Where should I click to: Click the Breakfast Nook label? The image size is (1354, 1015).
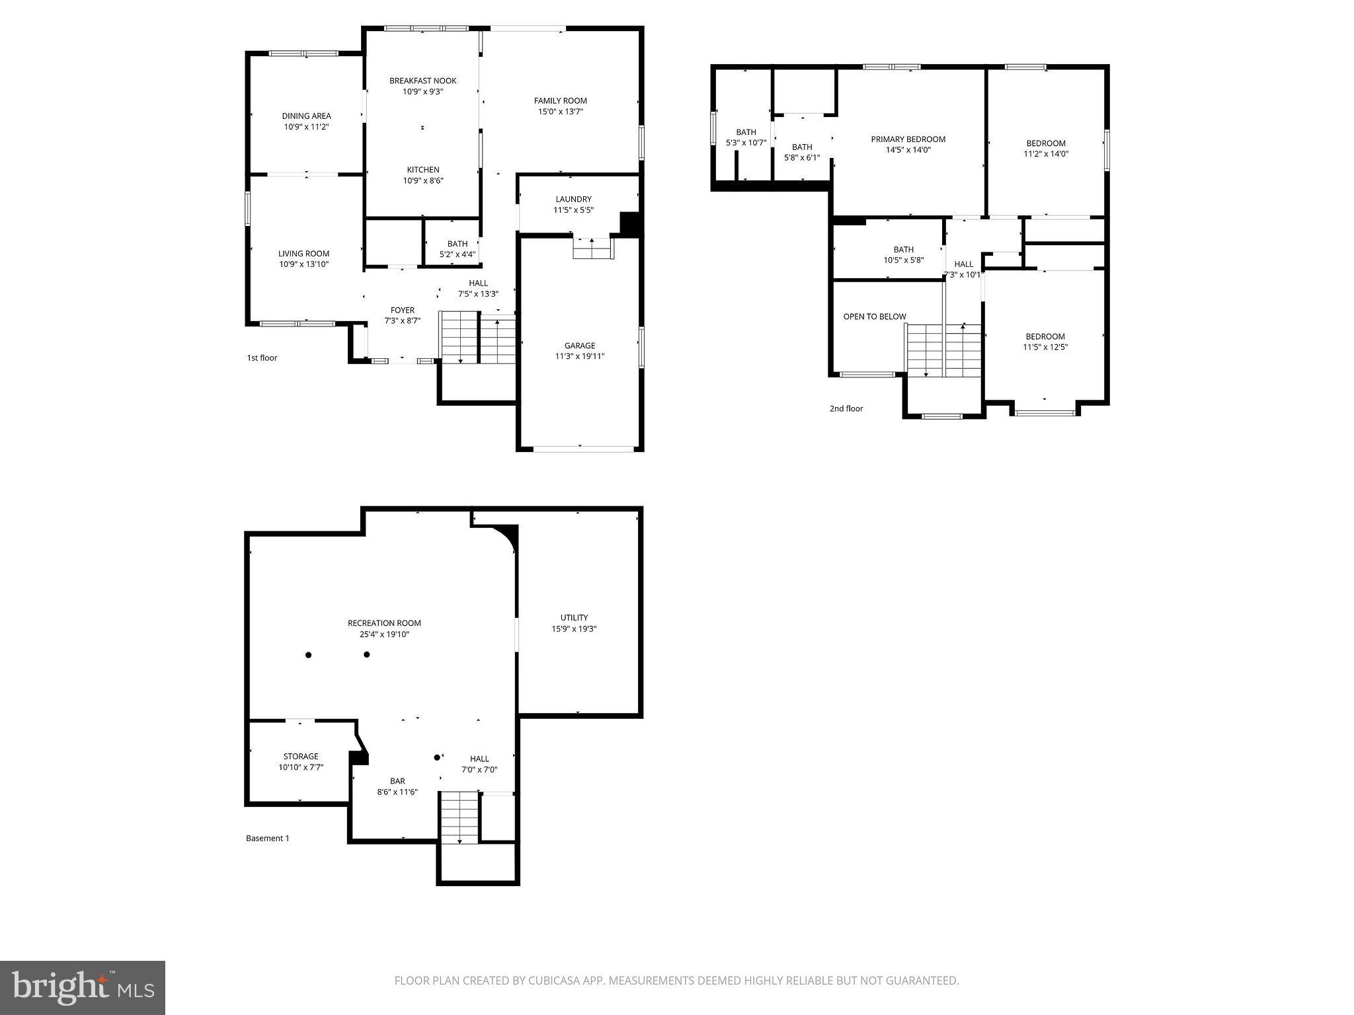pyautogui.click(x=422, y=81)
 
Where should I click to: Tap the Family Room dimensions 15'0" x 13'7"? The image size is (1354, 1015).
pyautogui.click(x=561, y=112)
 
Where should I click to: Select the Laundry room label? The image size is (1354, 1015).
pyautogui.click(x=573, y=199)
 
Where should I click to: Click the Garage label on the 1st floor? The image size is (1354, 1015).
pyautogui.click(x=580, y=346)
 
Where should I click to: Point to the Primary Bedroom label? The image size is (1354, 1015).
pyautogui.click(x=908, y=139)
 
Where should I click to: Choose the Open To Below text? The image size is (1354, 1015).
pyautogui.click(x=874, y=317)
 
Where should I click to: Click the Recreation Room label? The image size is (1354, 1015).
pyautogui.click(x=384, y=623)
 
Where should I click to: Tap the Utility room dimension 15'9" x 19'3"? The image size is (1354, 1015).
pyautogui.click(x=574, y=629)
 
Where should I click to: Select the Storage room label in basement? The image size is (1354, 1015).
pyautogui.click(x=301, y=757)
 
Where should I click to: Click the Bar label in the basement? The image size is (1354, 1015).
pyautogui.click(x=397, y=781)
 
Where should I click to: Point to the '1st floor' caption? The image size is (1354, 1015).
pyautogui.click(x=262, y=358)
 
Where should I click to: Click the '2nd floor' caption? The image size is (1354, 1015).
pyautogui.click(x=846, y=409)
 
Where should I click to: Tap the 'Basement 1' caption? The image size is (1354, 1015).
pyautogui.click(x=267, y=839)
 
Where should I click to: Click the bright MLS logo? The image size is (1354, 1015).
pyautogui.click(x=83, y=988)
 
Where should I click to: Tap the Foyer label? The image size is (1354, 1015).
pyautogui.click(x=402, y=310)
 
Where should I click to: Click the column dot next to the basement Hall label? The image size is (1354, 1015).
pyautogui.click(x=436, y=757)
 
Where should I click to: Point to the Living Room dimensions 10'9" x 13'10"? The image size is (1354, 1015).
pyautogui.click(x=303, y=264)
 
